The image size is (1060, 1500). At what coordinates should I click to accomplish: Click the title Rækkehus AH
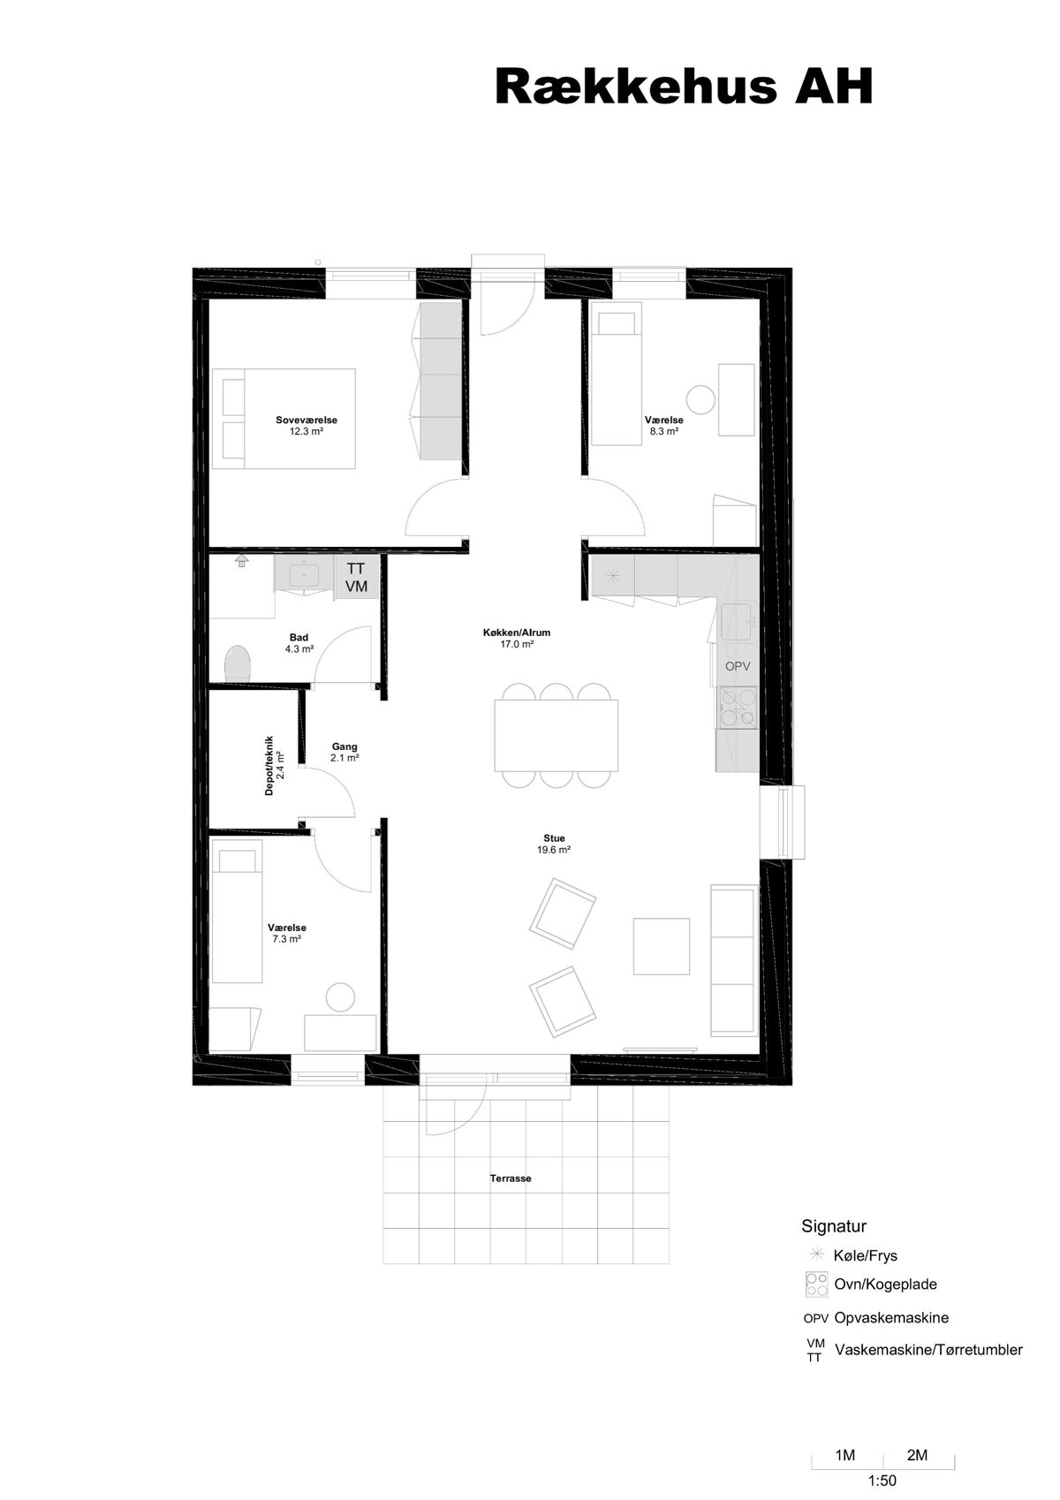[x=684, y=87]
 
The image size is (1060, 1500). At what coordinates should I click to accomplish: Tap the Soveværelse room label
[x=307, y=420]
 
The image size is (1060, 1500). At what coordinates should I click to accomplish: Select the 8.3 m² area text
[x=664, y=432]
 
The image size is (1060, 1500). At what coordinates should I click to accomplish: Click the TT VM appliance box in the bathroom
[x=356, y=577]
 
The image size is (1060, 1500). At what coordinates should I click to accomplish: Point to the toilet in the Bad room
[x=238, y=663]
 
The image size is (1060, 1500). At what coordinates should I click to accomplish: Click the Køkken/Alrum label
[x=517, y=633]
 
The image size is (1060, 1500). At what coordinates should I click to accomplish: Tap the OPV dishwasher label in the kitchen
[x=738, y=666]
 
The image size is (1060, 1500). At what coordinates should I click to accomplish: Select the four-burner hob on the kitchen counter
[x=738, y=708]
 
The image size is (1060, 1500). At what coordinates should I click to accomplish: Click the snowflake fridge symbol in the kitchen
[x=613, y=574]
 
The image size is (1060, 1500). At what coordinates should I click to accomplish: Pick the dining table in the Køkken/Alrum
[x=556, y=735]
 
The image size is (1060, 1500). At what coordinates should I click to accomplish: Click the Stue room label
[x=555, y=837]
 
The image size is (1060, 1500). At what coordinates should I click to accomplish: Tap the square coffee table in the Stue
[x=662, y=946]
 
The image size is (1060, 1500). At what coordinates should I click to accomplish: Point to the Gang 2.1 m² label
[x=344, y=752]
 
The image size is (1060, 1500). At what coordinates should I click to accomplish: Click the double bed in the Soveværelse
[x=284, y=419]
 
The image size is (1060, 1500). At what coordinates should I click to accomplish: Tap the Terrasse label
[x=511, y=1178]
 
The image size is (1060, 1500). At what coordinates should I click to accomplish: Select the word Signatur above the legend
[x=834, y=1226]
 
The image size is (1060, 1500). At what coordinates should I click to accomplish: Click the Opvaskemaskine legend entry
[x=891, y=1318]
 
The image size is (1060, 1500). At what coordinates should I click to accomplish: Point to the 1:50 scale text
[x=882, y=1481]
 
